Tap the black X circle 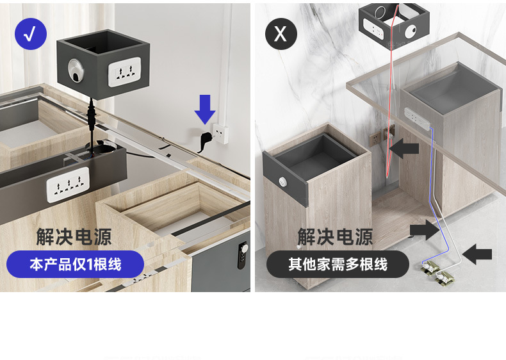tap(281, 33)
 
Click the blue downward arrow tap(205, 109)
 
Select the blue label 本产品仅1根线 tap(75, 264)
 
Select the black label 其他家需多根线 tap(338, 264)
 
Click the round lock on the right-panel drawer tap(282, 182)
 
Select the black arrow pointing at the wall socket tap(404, 150)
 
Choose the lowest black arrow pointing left tap(477, 255)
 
